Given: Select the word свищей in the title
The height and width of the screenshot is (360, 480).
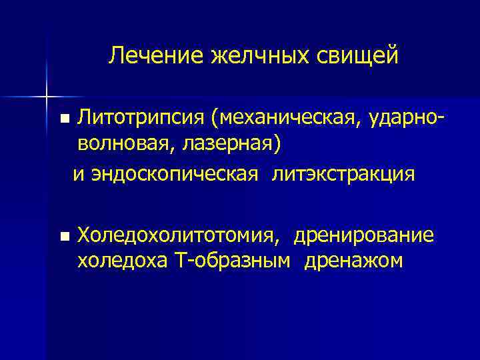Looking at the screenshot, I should (357, 56).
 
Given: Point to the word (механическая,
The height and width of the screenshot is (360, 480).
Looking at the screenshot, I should (288, 120).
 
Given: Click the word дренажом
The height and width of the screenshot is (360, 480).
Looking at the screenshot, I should (353, 260).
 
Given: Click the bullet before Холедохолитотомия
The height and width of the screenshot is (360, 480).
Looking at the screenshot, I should (64, 237).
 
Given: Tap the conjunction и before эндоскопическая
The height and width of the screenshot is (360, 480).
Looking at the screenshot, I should (78, 175).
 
